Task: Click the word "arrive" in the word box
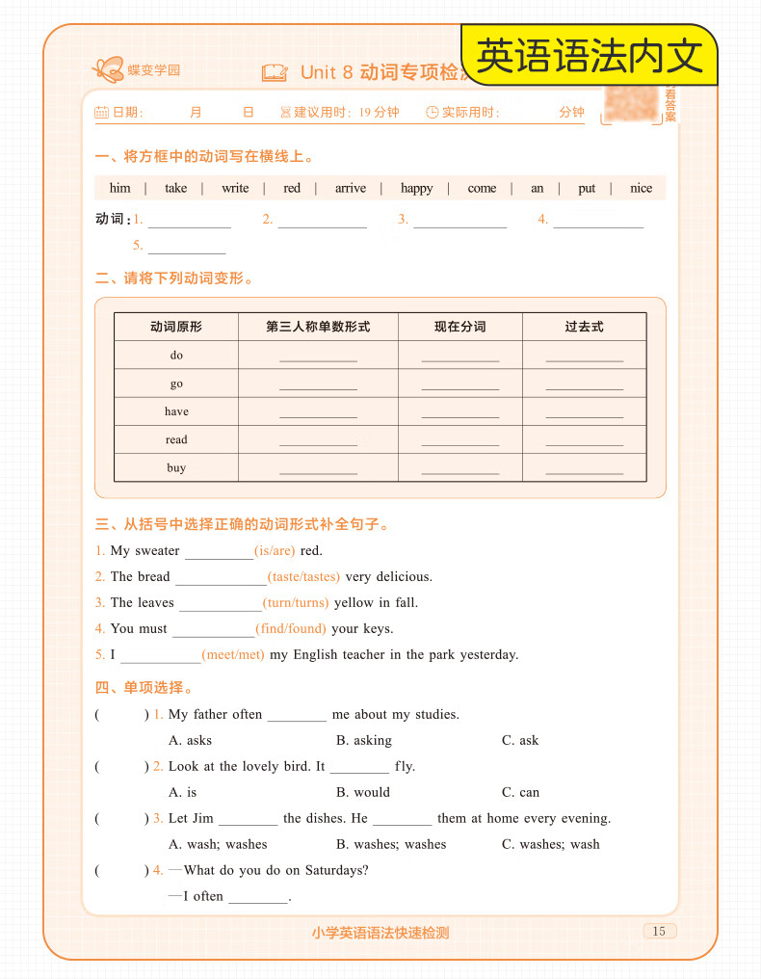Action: click(x=351, y=188)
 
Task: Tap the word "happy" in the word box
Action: click(x=417, y=188)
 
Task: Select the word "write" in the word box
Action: click(x=235, y=188)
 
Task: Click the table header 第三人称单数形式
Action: click(x=318, y=327)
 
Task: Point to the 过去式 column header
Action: click(x=584, y=327)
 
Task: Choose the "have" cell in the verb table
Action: click(x=176, y=411)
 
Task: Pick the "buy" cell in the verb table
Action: click(x=176, y=468)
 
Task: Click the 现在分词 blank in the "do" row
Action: click(x=460, y=356)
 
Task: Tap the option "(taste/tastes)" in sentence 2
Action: click(x=303, y=577)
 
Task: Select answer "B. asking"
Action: click(x=364, y=741)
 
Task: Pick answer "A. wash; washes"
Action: click(x=218, y=845)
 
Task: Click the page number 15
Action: click(x=659, y=931)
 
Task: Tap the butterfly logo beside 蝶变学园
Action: click(x=108, y=68)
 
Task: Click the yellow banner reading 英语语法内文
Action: click(x=590, y=57)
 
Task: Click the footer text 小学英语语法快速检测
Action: click(x=380, y=933)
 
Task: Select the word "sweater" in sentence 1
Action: click(x=157, y=551)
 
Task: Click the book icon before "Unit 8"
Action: click(x=275, y=72)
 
